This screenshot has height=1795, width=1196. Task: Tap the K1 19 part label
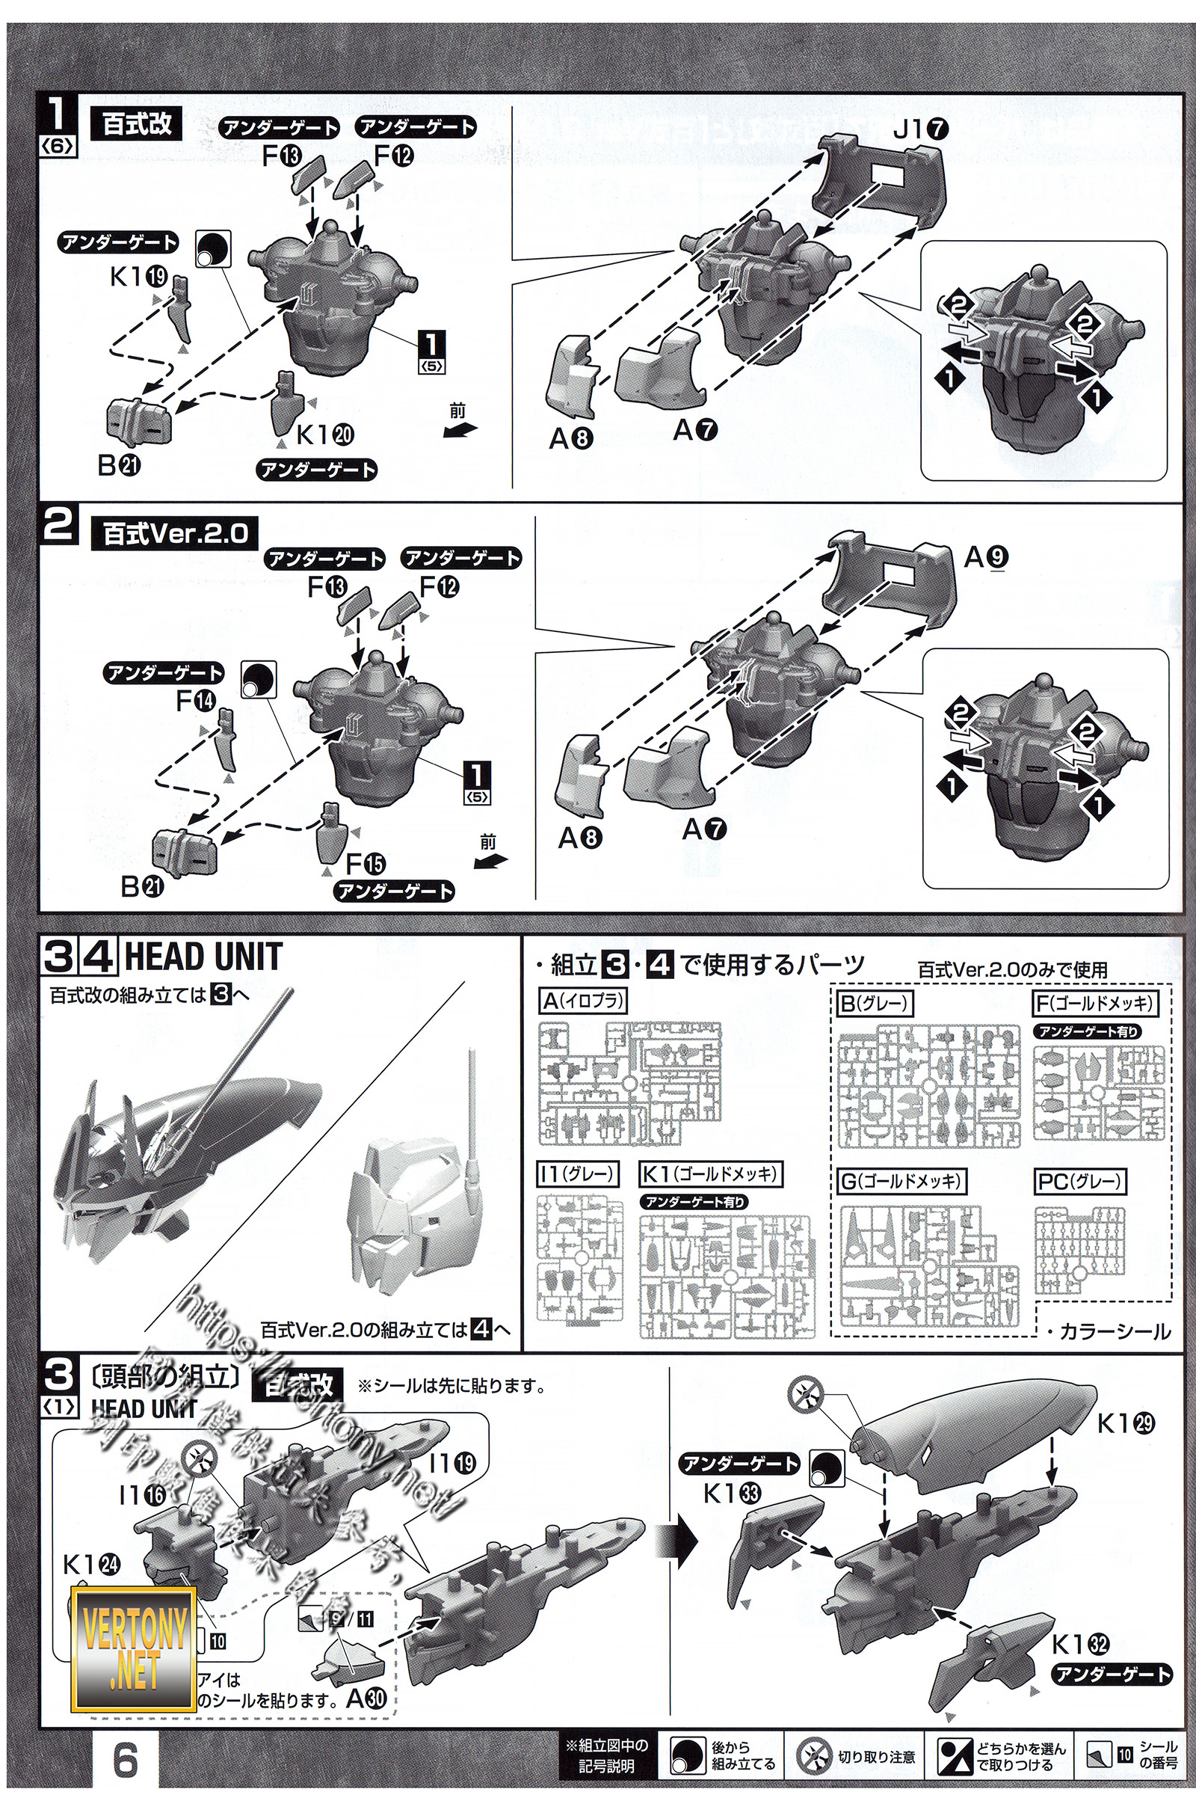[x=138, y=276]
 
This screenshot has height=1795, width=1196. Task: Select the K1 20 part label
[x=324, y=435]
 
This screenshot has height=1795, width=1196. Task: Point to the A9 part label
[x=985, y=558]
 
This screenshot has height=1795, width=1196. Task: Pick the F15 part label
[x=366, y=864]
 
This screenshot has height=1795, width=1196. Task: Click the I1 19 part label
[x=452, y=1463]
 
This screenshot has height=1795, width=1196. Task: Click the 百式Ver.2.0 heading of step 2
[x=176, y=533]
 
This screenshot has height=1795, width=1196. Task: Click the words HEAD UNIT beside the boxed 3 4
[x=203, y=957]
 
